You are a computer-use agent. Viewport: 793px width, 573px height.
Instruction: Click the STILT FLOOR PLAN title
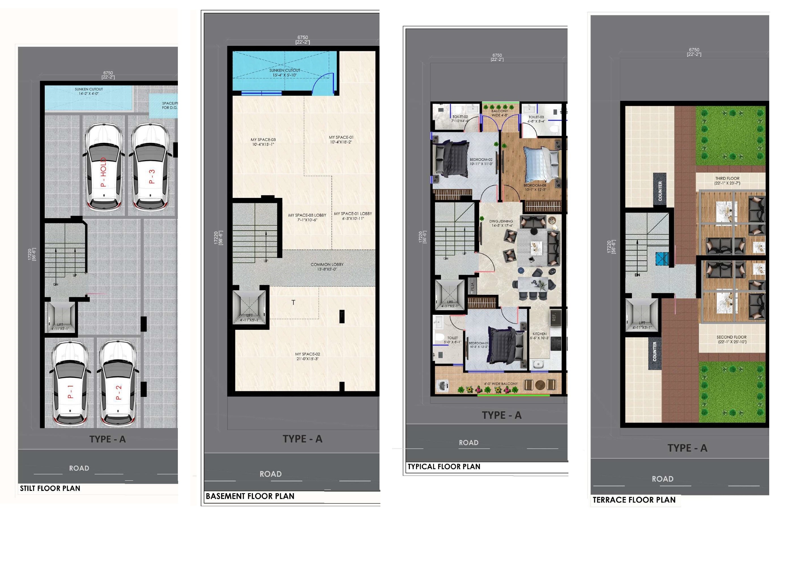(x=50, y=488)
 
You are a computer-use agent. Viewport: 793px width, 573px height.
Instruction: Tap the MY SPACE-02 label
(x=307, y=356)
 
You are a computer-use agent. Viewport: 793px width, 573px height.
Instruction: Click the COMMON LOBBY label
(x=327, y=267)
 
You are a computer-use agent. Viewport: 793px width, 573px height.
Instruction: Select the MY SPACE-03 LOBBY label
(x=307, y=217)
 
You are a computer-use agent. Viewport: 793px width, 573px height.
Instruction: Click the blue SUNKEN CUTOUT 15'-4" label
(x=285, y=72)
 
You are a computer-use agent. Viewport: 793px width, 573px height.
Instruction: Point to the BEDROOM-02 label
(x=481, y=162)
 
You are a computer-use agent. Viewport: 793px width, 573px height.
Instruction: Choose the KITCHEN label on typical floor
(x=539, y=336)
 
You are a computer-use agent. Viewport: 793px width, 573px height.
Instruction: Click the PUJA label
(x=472, y=287)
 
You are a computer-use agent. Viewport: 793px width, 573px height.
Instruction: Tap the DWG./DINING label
(x=501, y=223)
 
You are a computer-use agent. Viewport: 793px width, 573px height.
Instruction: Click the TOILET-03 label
(x=536, y=119)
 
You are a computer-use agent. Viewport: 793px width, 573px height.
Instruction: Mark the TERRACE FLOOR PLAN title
(x=634, y=500)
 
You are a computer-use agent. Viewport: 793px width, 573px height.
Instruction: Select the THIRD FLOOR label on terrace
(x=727, y=180)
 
